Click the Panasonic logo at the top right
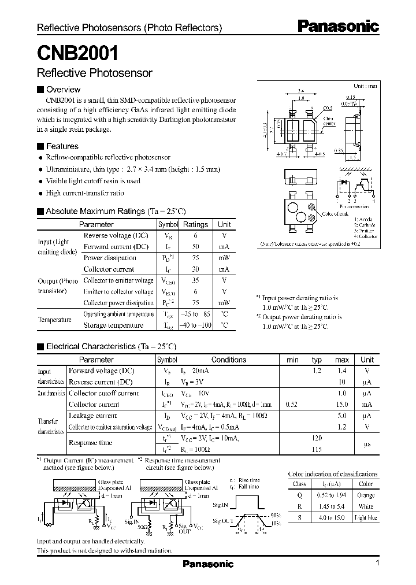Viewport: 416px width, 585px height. point(338,26)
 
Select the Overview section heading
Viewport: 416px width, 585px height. point(63,90)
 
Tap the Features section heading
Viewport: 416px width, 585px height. point(62,146)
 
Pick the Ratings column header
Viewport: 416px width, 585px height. point(195,224)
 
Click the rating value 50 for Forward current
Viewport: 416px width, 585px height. point(195,247)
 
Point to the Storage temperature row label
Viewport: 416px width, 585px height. point(113,325)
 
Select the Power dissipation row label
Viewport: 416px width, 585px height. point(109,258)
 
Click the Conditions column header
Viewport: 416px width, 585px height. point(228,360)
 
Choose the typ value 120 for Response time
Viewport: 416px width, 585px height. point(317,438)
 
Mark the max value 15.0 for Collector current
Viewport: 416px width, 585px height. point(342,405)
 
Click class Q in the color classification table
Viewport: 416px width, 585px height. point(300,495)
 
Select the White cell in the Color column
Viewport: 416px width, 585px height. point(366,506)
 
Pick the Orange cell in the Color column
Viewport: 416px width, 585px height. point(366,495)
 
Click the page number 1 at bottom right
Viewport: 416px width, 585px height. point(377,563)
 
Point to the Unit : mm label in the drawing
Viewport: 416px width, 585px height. point(365,86)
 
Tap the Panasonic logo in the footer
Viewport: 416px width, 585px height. point(208,564)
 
